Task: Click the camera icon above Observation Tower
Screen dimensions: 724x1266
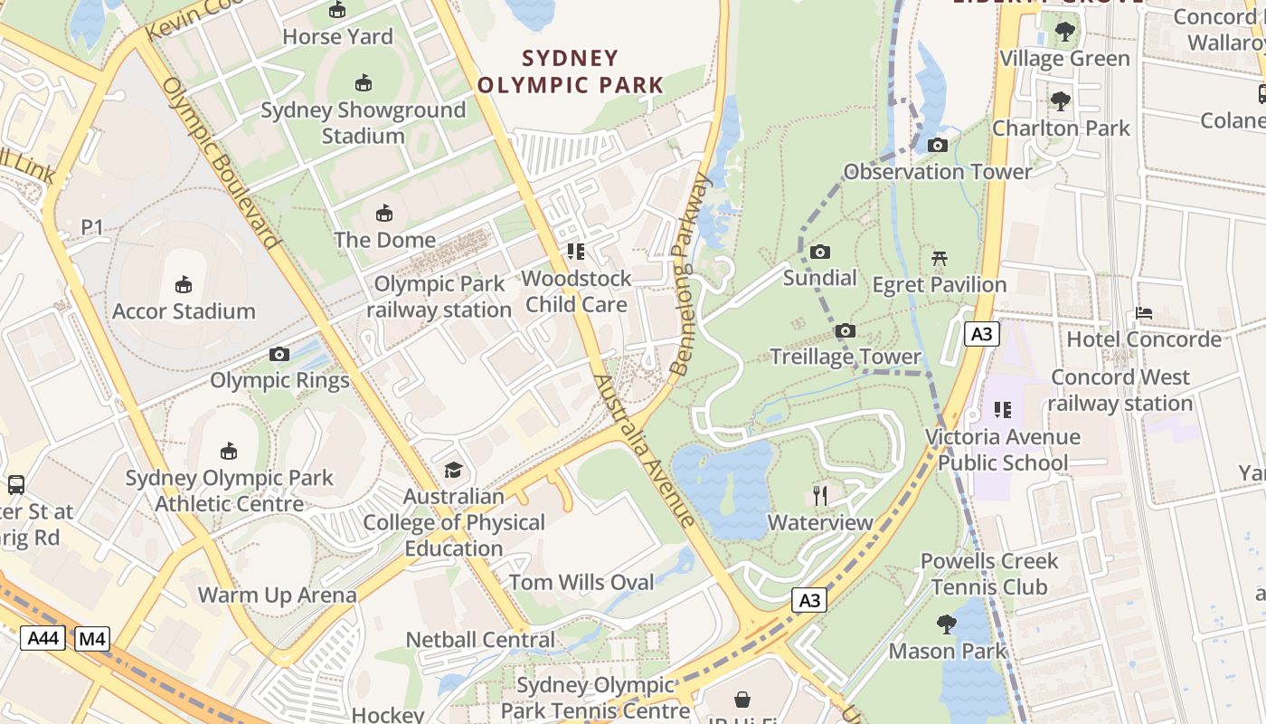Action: tap(938, 145)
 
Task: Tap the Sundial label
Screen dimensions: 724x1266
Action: tap(819, 277)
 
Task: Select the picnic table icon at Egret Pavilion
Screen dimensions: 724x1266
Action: tap(940, 259)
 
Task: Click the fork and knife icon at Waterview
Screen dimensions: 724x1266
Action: tap(820, 495)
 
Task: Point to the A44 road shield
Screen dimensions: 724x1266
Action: tap(43, 638)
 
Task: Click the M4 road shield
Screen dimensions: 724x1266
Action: tap(91, 638)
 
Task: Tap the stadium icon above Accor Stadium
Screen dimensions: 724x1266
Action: tap(184, 284)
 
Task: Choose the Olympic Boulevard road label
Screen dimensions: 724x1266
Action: tap(219, 163)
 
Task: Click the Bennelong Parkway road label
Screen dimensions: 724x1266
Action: tap(692, 274)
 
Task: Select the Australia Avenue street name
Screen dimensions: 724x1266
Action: tap(645, 450)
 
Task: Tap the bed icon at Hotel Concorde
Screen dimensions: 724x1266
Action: tap(1144, 313)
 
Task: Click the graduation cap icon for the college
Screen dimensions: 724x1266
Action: tap(453, 470)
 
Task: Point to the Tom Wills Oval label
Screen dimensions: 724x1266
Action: tap(581, 582)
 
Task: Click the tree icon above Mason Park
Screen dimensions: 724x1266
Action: tap(947, 624)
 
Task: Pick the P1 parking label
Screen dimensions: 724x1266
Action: tap(92, 226)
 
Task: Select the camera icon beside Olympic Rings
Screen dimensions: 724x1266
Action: tap(279, 354)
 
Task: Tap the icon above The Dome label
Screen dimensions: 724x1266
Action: tap(384, 214)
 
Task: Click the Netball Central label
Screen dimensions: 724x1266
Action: tap(480, 639)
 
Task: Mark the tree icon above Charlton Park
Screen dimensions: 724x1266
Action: tap(1060, 101)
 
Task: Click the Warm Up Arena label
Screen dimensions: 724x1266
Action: tap(277, 595)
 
